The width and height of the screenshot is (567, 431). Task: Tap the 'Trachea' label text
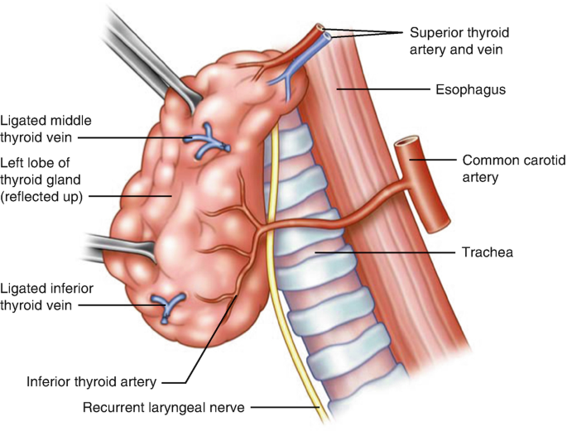click(485, 251)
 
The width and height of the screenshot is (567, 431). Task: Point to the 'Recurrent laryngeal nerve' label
click(165, 407)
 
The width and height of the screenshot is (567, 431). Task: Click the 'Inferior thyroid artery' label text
click(91, 382)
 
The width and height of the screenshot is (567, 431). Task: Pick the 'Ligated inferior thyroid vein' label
click(48, 296)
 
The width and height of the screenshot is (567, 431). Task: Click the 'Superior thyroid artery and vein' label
click(460, 41)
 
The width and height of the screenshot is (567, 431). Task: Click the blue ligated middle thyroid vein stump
click(204, 140)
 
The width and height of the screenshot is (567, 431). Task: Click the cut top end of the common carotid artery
click(405, 146)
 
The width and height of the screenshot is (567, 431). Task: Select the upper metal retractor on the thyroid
click(157, 62)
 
